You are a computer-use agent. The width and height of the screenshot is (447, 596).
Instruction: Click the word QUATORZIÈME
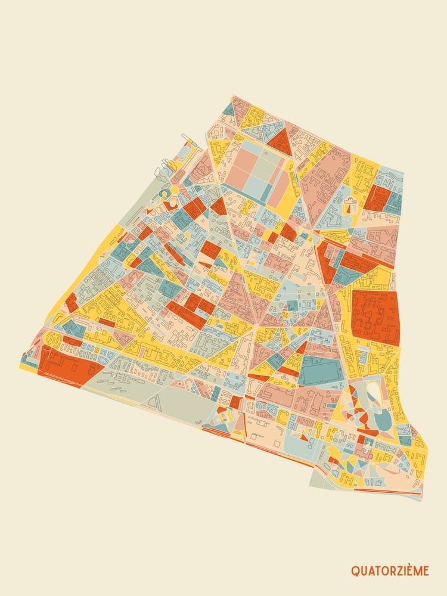point(390,570)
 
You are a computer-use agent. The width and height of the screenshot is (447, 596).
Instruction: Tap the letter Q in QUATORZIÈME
point(355,571)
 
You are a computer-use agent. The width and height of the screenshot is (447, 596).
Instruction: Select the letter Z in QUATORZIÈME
point(400,571)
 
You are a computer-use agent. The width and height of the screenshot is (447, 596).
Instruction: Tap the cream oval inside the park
point(374,393)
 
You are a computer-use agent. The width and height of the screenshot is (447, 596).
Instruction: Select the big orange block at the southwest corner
point(66,364)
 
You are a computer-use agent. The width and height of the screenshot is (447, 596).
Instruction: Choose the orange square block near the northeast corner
point(377,197)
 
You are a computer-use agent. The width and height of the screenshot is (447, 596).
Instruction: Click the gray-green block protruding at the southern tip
point(322,477)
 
